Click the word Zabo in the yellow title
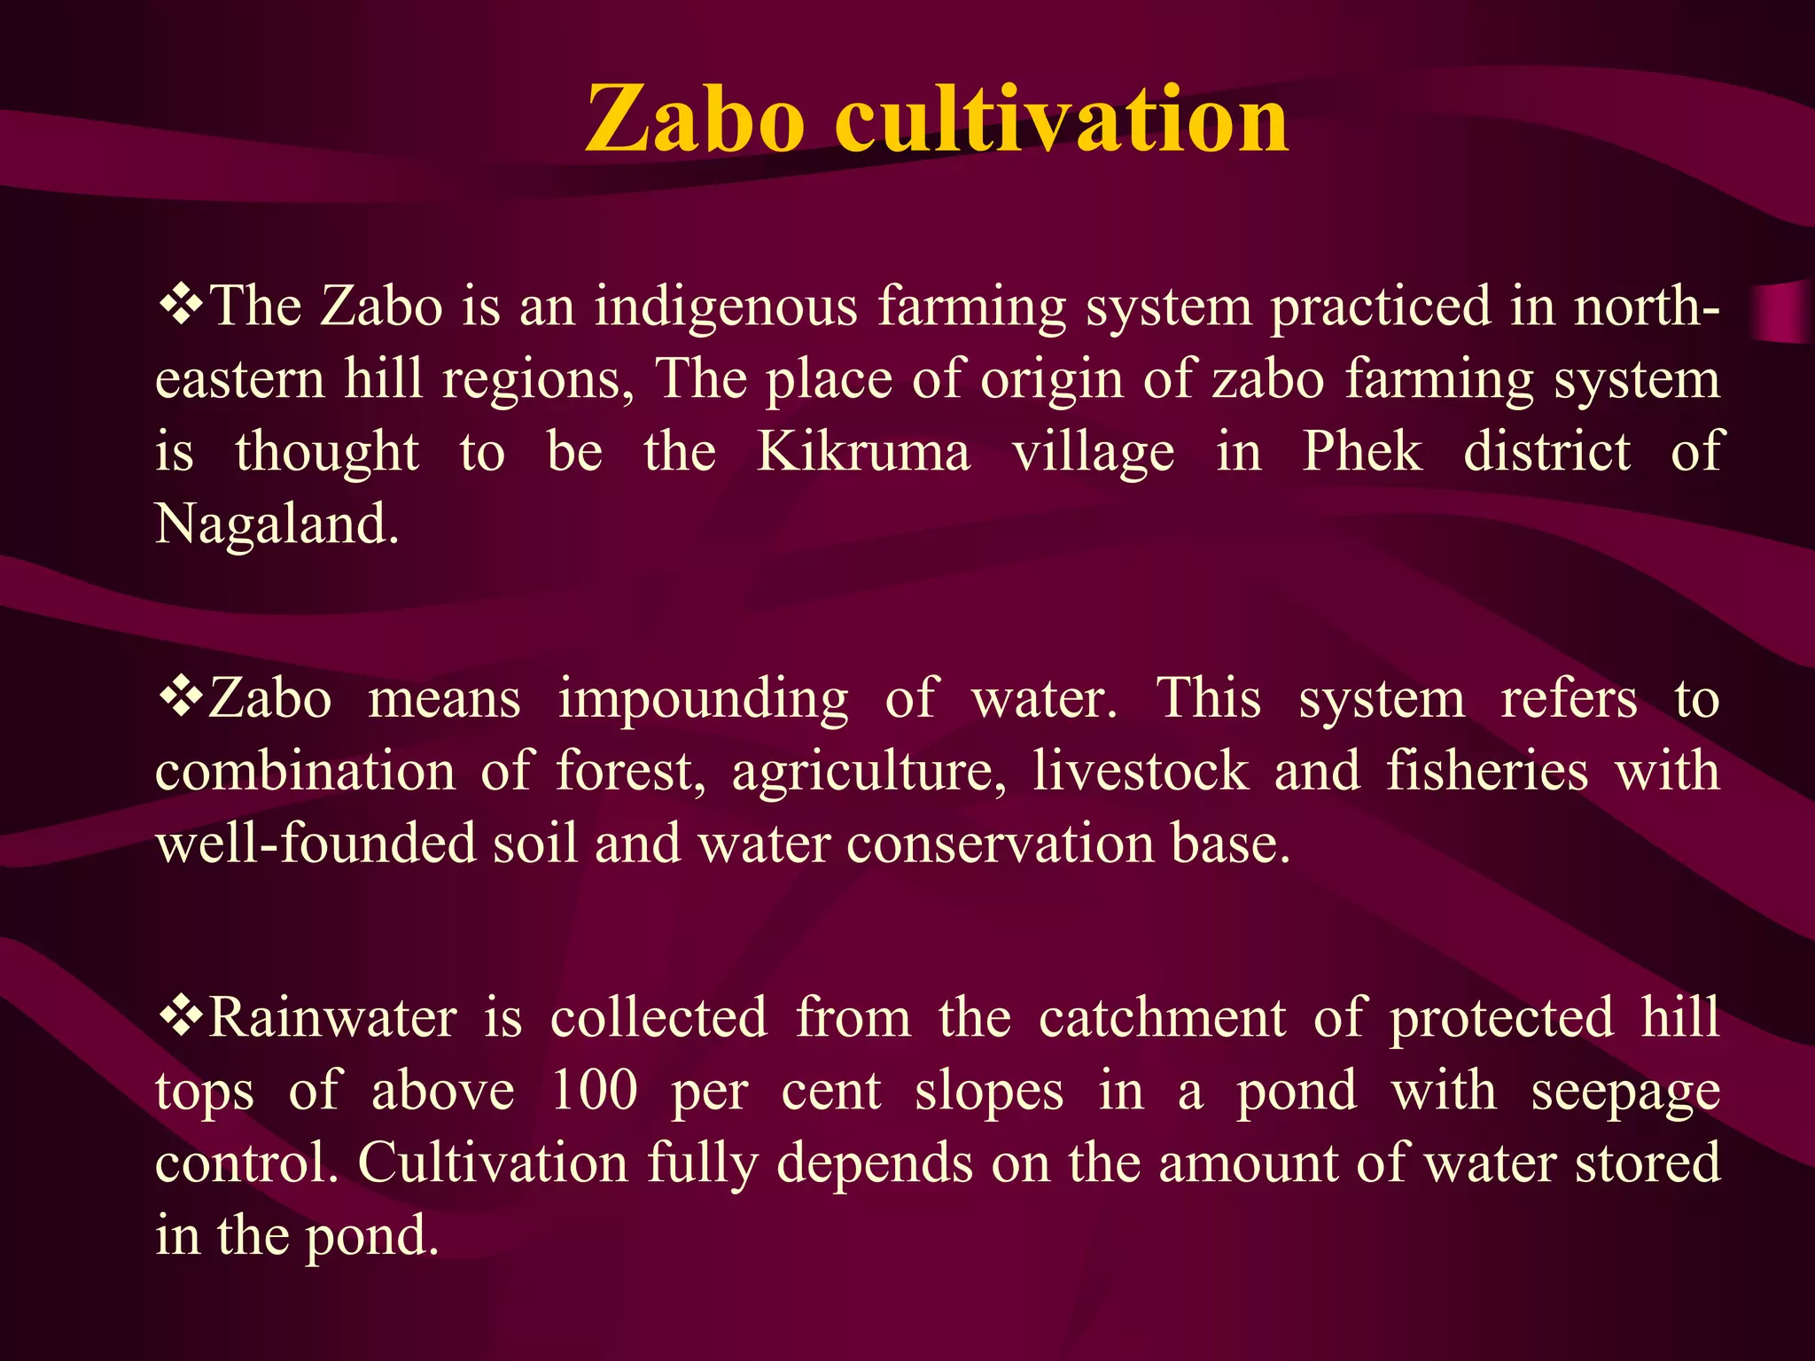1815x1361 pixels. pos(695,119)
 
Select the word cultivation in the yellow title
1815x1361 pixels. pos(1062,119)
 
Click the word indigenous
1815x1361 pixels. pos(726,308)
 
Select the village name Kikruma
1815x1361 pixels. pos(863,452)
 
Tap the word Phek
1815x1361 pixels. pos(1361,452)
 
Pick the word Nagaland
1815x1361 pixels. pos(276,525)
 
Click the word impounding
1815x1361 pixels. pos(703,700)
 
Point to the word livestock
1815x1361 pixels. pos(1141,771)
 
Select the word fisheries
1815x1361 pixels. pos(1487,771)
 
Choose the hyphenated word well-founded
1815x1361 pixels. pos(315,843)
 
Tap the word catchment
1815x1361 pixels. pos(1162,1019)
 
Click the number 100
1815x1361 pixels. pos(594,1090)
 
